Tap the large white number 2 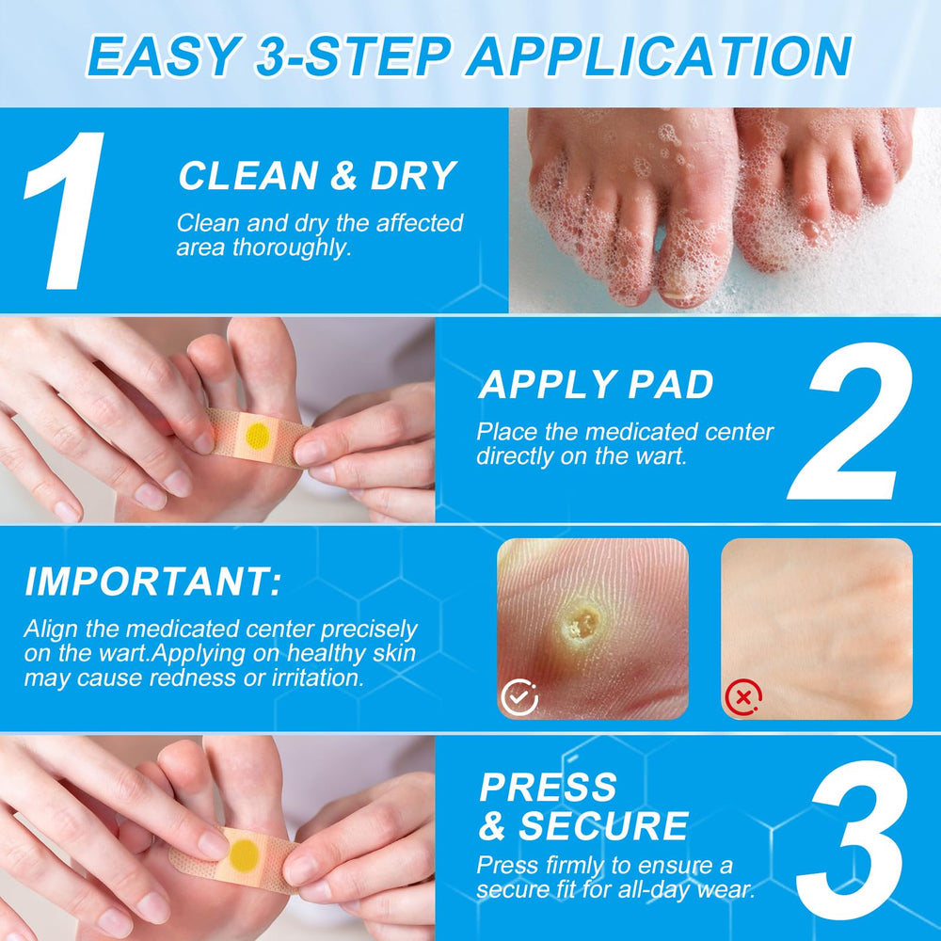pos(851,421)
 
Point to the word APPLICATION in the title pos(659,56)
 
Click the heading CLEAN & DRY pos(318,176)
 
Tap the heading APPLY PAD pos(596,384)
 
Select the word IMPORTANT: pos(153,581)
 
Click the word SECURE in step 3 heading pos(603,826)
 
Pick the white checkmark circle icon pos(519,697)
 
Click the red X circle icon pos(743,697)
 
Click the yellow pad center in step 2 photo pos(258,436)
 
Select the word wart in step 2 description pos(662,456)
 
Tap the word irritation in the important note pos(318,678)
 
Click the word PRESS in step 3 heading pos(548,787)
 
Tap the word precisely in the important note pos(369,630)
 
